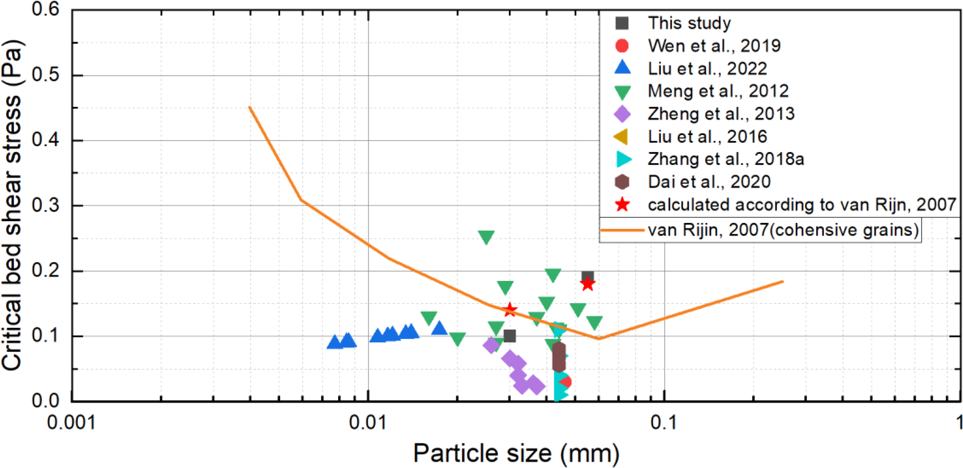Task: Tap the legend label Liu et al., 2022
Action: click(x=707, y=69)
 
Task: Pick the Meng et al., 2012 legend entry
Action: click(x=718, y=91)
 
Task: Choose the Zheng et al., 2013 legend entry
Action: click(x=721, y=114)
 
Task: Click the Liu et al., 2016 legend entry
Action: click(x=707, y=137)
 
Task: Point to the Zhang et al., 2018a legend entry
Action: click(x=726, y=159)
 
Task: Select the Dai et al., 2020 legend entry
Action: click(x=709, y=182)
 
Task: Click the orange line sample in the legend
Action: click(x=622, y=230)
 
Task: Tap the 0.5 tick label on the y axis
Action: click(x=45, y=75)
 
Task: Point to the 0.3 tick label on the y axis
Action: click(x=45, y=206)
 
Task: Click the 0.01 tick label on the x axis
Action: click(x=367, y=422)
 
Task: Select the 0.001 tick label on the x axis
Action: click(x=71, y=422)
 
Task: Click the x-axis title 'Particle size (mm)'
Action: click(x=516, y=453)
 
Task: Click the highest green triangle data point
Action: click(x=486, y=237)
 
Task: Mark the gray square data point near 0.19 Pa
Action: click(x=587, y=276)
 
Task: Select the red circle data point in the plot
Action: click(x=565, y=382)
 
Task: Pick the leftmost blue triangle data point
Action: click(x=335, y=342)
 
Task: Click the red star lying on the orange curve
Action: click(x=510, y=309)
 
